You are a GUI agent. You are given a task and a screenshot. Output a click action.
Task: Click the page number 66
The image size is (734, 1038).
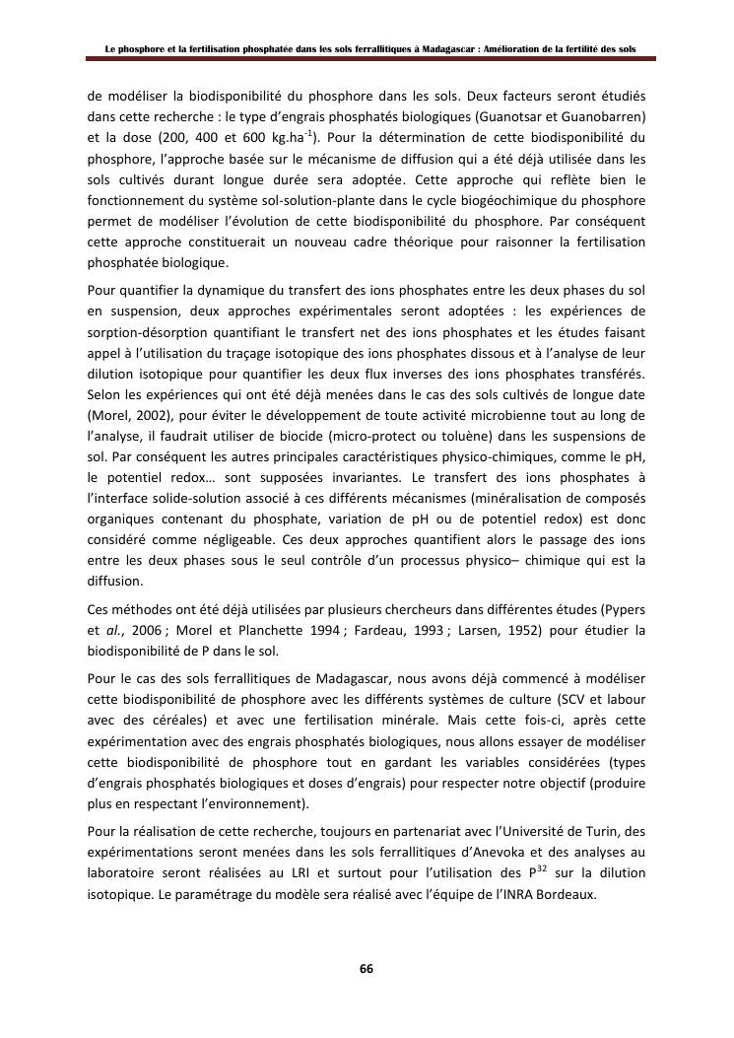pyautogui.click(x=366, y=968)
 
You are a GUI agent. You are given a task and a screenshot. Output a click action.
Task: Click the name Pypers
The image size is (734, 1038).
pyautogui.click(x=624, y=609)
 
